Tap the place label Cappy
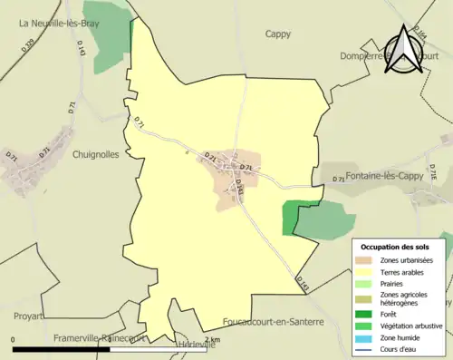(278, 34)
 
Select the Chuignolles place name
(96, 154)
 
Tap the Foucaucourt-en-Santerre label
(274, 323)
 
